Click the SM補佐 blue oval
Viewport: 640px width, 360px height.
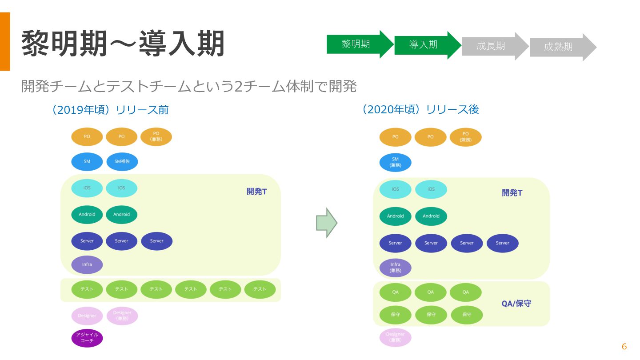click(x=122, y=162)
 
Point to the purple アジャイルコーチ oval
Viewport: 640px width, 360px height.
click(x=87, y=338)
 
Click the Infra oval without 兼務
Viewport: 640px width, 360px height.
click(x=87, y=264)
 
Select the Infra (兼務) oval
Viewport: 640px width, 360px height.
click(x=395, y=268)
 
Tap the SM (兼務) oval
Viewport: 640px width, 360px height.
click(x=395, y=162)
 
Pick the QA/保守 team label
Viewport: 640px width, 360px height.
click(x=516, y=304)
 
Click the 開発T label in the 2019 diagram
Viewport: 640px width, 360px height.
click(x=257, y=192)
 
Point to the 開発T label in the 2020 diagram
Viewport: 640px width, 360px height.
click(x=512, y=193)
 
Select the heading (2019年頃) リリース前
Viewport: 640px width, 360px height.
click(x=111, y=110)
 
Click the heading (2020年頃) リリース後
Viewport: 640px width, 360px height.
click(x=421, y=109)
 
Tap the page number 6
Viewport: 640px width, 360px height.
click(x=624, y=347)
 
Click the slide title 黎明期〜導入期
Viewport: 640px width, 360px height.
click(x=123, y=44)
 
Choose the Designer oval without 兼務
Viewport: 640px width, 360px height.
click(x=87, y=316)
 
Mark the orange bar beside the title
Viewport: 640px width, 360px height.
click(x=5, y=41)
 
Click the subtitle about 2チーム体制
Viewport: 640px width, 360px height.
click(x=189, y=86)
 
